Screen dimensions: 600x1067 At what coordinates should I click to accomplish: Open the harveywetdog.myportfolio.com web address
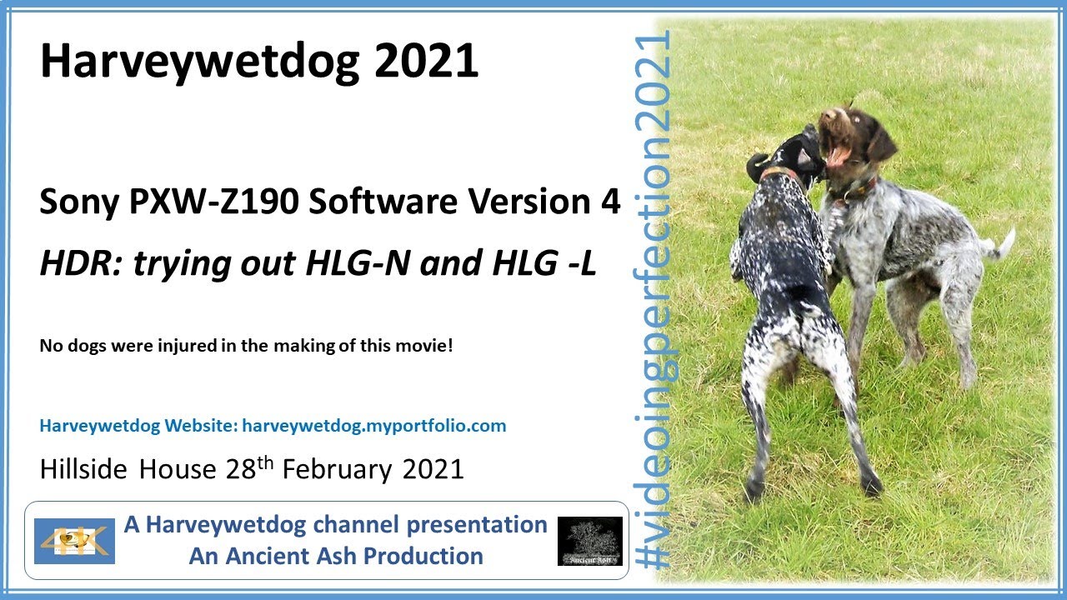pos(373,426)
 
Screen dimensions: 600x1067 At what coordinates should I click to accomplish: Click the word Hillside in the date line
pos(84,469)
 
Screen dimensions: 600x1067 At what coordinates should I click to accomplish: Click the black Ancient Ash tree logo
pos(589,541)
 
